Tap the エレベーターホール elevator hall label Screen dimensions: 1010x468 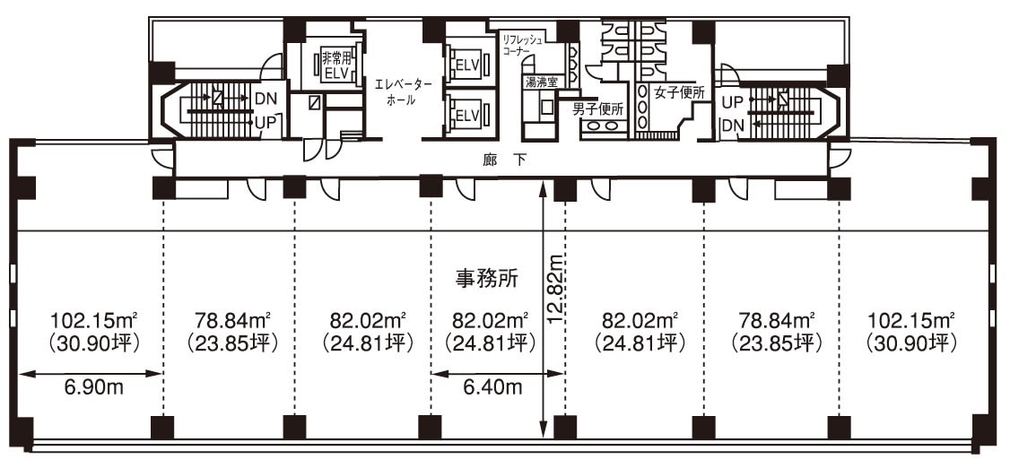pos(402,92)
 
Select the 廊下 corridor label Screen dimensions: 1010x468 pos(504,161)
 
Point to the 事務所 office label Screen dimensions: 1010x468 pos(487,278)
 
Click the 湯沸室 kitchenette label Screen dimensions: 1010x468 pos(540,82)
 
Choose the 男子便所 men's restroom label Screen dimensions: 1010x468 pos(599,109)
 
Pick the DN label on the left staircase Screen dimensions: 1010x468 pos(266,100)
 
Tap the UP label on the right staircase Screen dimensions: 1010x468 pos(733,101)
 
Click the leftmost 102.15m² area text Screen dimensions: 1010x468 pos(96,320)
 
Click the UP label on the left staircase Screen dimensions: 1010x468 pos(266,122)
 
